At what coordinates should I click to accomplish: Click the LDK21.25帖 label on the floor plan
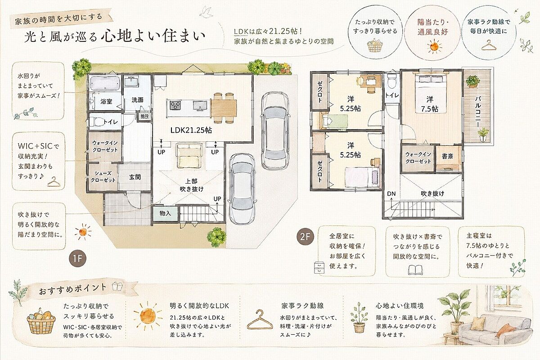pos(191,130)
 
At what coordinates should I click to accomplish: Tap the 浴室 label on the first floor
pos(106,102)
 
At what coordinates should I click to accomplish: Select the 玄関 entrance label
pos(135,177)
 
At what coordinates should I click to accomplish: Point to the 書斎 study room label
pos(447,156)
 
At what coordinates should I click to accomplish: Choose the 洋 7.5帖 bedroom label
pos(430,104)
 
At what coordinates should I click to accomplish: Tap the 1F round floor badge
pos(77,259)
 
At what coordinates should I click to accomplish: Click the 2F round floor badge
pos(305,237)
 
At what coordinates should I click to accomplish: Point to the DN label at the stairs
pos(391,193)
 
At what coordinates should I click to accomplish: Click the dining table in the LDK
pos(224,108)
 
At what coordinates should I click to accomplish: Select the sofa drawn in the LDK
pos(189,156)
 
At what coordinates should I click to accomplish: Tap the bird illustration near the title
pos(207,12)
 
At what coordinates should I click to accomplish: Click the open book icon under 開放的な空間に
pos(415,270)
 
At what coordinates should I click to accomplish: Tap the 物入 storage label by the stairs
pos(166,213)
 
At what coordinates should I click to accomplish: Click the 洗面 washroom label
pos(137,100)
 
